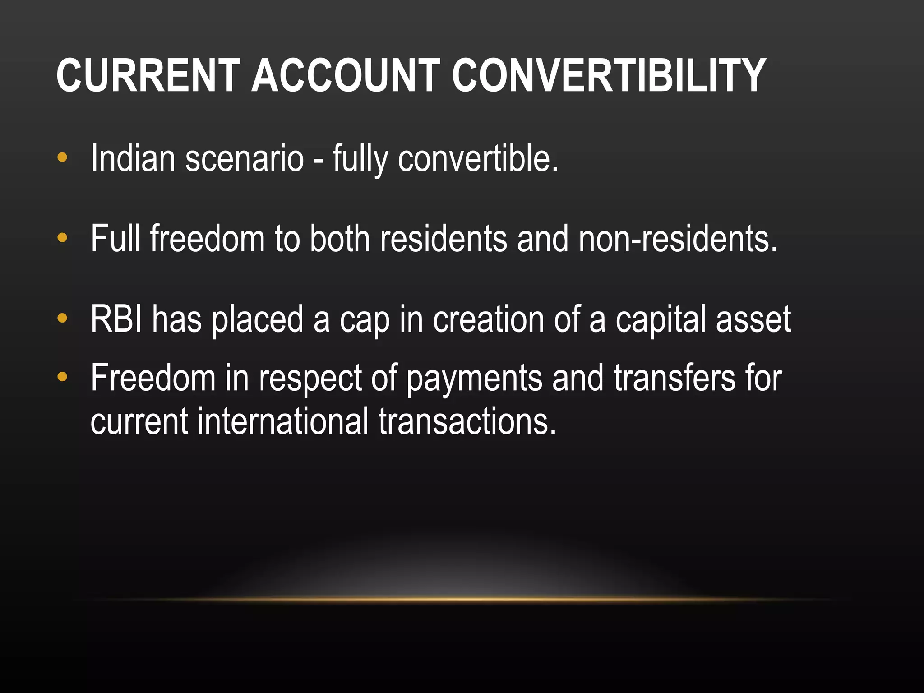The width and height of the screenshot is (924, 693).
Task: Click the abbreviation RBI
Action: tap(116, 319)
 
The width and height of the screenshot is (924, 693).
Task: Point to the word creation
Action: tap(489, 319)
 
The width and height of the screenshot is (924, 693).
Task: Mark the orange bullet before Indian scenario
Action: tap(62, 157)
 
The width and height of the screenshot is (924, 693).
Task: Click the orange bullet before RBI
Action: tap(62, 319)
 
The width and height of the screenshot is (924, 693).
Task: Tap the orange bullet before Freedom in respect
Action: tap(62, 376)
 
